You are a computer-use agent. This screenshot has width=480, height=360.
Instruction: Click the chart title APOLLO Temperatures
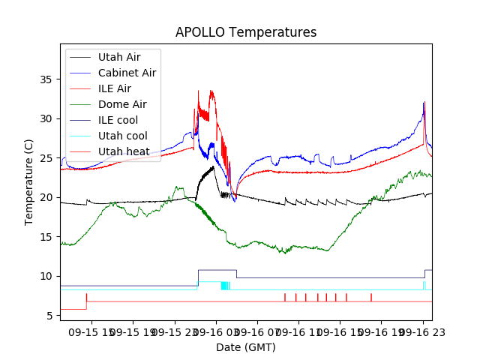(246, 33)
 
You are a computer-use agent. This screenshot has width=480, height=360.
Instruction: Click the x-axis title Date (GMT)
(246, 347)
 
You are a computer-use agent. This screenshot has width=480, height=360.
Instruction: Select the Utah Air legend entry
(118, 57)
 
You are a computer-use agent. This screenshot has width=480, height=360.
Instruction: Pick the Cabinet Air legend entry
(127, 73)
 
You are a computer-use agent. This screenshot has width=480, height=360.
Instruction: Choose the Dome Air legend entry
(122, 104)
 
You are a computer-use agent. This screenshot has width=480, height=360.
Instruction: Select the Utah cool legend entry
(122, 136)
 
